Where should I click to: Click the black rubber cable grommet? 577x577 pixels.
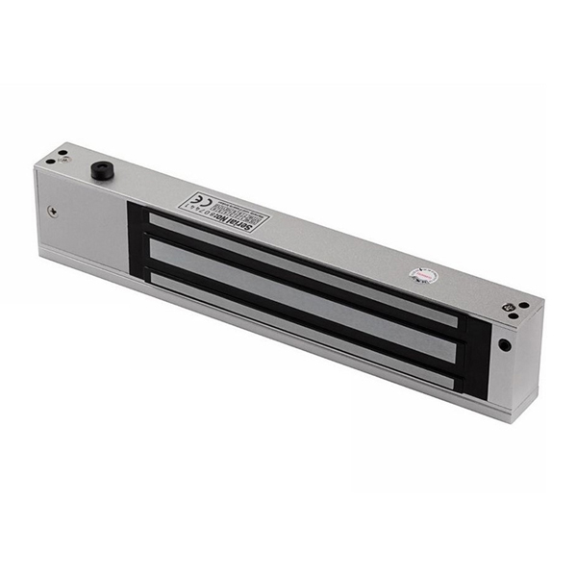(x=99, y=170)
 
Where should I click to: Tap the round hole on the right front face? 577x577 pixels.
(x=504, y=344)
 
